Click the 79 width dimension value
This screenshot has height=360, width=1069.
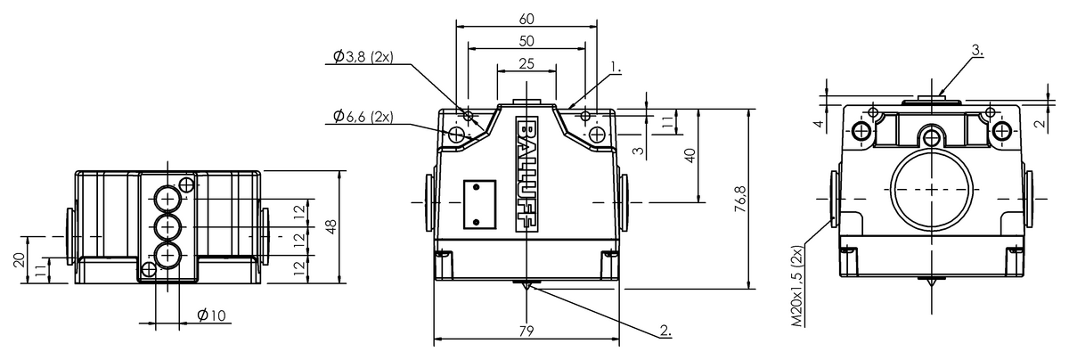526,331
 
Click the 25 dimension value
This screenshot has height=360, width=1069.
526,63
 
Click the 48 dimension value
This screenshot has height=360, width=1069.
332,226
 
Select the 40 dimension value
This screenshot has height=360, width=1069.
689,155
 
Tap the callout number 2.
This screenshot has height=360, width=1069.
665,331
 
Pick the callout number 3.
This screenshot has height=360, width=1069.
977,51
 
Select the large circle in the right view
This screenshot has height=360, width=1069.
931,191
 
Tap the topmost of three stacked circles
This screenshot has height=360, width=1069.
167,199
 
